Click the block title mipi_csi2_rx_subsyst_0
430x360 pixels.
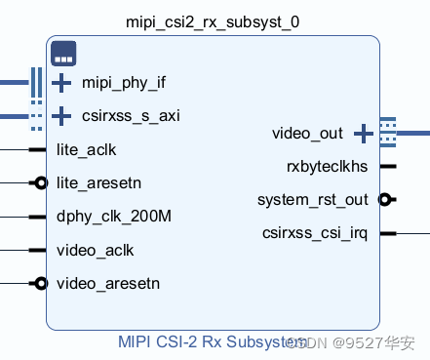(x=213, y=21)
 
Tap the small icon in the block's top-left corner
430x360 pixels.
(x=64, y=53)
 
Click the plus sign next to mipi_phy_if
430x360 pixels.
(x=61, y=83)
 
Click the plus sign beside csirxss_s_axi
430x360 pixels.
(x=61, y=116)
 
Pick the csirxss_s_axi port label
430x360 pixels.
(x=131, y=116)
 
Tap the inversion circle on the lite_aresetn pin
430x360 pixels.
(x=40, y=182)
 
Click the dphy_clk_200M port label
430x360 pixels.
(x=114, y=217)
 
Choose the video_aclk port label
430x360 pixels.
(x=96, y=250)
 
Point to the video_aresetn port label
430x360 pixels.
(x=107, y=284)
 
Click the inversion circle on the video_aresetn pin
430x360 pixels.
(x=40, y=284)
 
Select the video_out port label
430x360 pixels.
(x=307, y=133)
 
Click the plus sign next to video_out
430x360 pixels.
(x=363, y=133)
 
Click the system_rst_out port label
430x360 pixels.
(x=312, y=199)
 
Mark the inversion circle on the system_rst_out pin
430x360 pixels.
(x=385, y=199)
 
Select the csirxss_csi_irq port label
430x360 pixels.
(x=314, y=233)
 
